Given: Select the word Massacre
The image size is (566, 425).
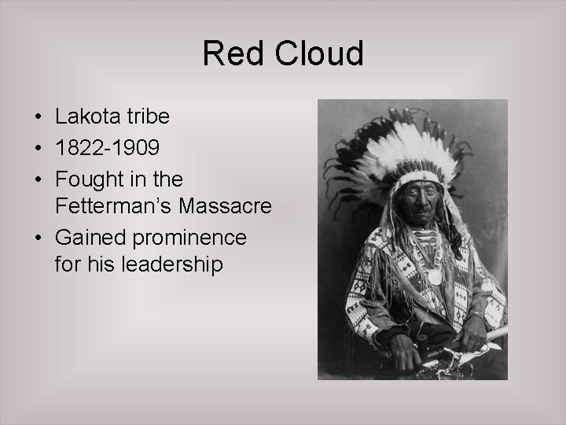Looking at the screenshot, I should click(228, 207).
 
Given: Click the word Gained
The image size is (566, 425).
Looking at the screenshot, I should click(89, 237).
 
